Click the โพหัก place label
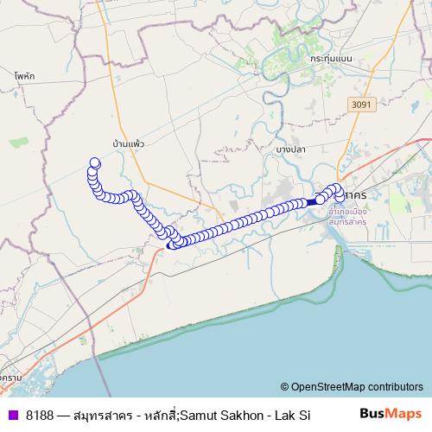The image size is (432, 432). click(23, 76)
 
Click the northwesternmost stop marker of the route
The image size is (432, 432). click(95, 162)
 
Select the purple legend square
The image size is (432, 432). click(12, 415)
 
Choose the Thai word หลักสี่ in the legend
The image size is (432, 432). click(161, 415)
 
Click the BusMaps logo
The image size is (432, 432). click(395, 414)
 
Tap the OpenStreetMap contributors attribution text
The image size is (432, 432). click(357, 387)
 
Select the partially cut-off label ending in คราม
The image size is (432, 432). click(10, 378)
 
